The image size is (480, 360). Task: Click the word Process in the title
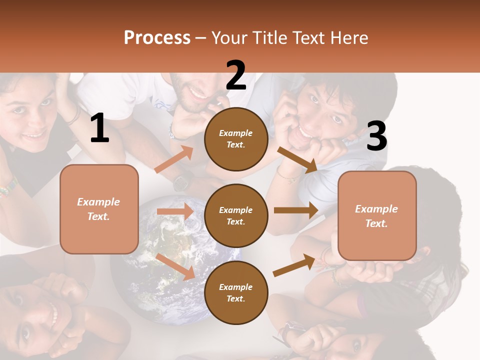coord(157,38)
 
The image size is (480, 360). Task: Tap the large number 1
coord(99,128)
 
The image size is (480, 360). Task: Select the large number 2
coord(236,75)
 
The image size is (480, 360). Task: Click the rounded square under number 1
coord(99,209)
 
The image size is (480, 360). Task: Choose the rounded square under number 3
coord(377,215)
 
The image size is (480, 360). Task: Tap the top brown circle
coord(236,139)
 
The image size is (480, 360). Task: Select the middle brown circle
coord(236,215)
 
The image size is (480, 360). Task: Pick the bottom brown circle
coord(236,292)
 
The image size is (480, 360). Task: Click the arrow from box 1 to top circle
coord(174,159)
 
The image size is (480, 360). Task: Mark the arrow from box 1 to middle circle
coord(175,211)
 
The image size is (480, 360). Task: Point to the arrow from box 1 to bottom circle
coord(175,266)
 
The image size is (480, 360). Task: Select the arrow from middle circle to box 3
coord(295,210)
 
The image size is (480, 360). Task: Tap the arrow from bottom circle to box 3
coord(294,265)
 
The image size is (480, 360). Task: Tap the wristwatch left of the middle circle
coord(181,181)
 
